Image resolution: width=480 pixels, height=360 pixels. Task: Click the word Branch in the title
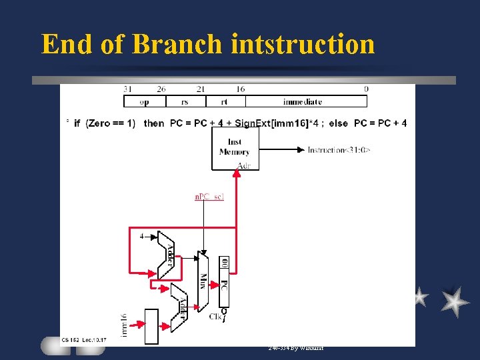click(x=177, y=44)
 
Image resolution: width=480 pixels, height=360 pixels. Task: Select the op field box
click(x=144, y=101)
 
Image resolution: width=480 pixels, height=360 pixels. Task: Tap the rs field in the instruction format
click(x=184, y=101)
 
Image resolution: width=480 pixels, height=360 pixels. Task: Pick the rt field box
click(x=225, y=101)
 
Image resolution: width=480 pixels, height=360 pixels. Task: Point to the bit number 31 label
click(x=127, y=89)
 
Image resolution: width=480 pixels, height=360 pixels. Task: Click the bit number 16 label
click(x=241, y=89)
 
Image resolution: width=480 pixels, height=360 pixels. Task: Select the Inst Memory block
click(x=235, y=147)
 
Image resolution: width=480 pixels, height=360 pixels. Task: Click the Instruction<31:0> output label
click(x=339, y=150)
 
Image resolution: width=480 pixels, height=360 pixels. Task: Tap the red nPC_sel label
click(x=209, y=197)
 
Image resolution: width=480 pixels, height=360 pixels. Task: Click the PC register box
click(x=224, y=281)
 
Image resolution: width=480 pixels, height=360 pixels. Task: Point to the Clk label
click(x=215, y=316)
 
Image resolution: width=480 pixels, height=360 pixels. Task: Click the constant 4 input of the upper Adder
click(x=141, y=236)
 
